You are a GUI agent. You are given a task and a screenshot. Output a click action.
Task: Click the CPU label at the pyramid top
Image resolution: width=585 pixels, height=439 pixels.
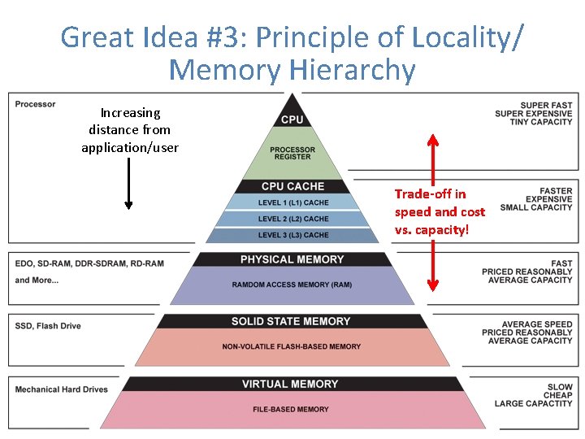click(x=292, y=120)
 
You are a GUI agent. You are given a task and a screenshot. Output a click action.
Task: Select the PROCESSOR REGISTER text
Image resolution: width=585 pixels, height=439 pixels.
click(x=292, y=153)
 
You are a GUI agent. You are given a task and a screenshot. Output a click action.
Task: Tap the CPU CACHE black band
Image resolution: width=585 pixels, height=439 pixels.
click(x=292, y=186)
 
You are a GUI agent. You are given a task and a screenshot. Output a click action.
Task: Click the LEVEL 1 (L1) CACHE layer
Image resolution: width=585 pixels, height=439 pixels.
click(x=292, y=202)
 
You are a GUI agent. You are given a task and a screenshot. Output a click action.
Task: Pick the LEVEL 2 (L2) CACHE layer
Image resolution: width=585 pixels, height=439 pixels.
click(x=292, y=219)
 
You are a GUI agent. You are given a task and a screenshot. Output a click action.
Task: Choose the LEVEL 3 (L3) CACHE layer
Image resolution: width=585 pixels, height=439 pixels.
click(x=292, y=235)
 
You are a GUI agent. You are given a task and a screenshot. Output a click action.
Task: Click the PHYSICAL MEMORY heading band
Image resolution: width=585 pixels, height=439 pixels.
click(x=292, y=259)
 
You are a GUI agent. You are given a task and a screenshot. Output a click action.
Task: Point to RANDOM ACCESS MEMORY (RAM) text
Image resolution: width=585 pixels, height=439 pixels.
click(x=292, y=285)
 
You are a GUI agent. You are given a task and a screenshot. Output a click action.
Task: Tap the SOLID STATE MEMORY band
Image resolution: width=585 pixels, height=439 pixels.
click(x=291, y=321)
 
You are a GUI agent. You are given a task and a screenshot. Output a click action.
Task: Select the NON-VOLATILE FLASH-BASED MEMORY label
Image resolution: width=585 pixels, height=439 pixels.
click(x=291, y=346)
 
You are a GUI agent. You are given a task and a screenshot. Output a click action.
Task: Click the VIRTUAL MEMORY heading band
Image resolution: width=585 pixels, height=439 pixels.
click(x=290, y=384)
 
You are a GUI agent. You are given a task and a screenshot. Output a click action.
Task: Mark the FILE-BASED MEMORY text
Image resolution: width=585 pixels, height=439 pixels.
click(x=291, y=409)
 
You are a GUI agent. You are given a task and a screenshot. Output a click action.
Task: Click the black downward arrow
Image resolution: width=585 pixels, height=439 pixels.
click(x=128, y=183)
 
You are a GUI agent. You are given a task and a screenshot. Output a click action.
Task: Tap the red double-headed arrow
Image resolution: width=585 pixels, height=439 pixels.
click(x=433, y=211)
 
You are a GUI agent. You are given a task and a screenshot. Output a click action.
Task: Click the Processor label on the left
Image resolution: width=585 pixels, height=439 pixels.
click(x=36, y=104)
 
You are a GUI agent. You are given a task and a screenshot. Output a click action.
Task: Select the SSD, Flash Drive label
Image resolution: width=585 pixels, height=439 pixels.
click(x=48, y=326)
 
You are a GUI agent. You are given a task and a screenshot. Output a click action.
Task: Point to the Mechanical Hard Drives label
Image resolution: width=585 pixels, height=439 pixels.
click(x=61, y=389)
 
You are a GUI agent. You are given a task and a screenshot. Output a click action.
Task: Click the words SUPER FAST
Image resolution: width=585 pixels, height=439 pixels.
click(x=546, y=106)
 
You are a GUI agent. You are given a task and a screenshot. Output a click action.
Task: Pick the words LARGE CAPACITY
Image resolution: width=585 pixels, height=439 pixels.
click(x=533, y=403)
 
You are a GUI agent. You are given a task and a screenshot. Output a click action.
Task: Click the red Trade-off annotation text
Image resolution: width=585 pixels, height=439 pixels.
click(x=440, y=211)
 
